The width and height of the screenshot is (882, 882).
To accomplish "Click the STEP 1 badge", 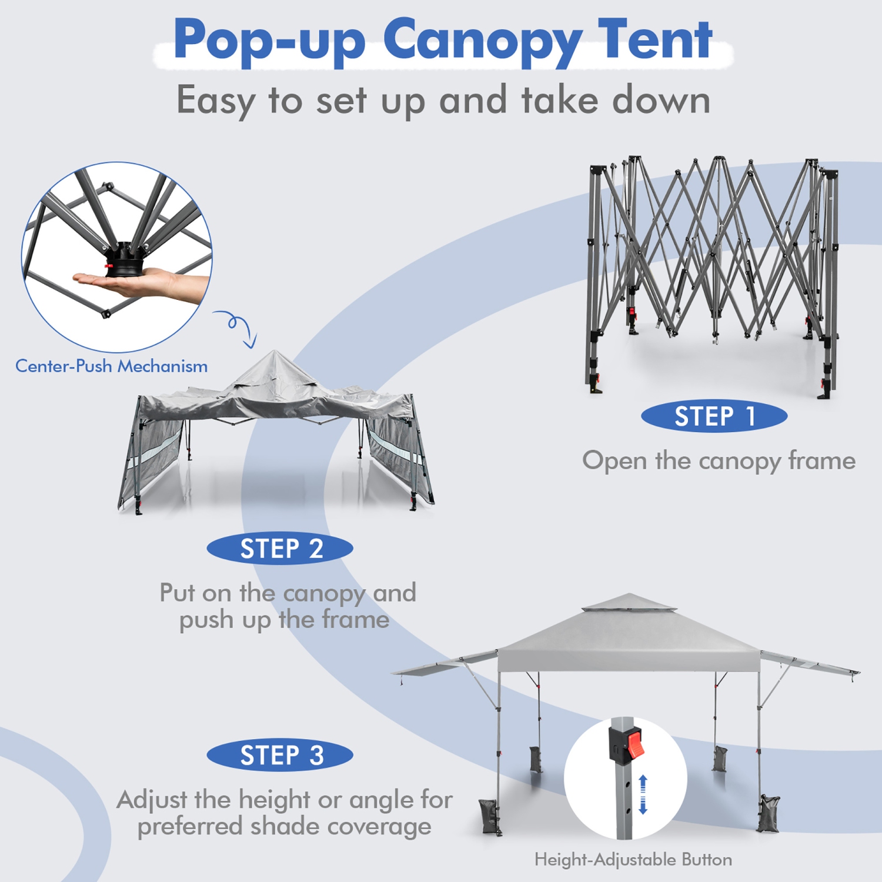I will click(714, 417).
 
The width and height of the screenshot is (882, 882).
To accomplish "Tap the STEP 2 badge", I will click(280, 549).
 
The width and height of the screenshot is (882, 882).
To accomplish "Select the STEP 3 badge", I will click(280, 755).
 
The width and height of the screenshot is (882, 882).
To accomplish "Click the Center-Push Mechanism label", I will click(111, 366).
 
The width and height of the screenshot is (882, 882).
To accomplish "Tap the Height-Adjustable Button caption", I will click(633, 860).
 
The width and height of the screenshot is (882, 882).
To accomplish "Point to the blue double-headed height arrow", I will click(643, 794).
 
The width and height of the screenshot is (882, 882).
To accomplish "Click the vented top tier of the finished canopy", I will click(629, 603).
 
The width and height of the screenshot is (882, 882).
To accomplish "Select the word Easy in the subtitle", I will click(215, 101).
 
